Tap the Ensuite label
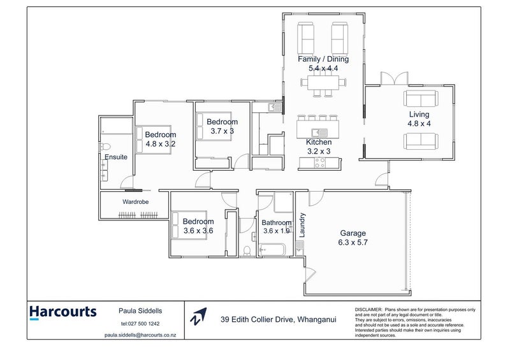(x=116, y=157)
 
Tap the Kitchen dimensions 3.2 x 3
(x=318, y=151)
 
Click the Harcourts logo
(x=62, y=312)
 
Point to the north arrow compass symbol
(x=199, y=316)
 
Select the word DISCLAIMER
(x=368, y=308)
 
